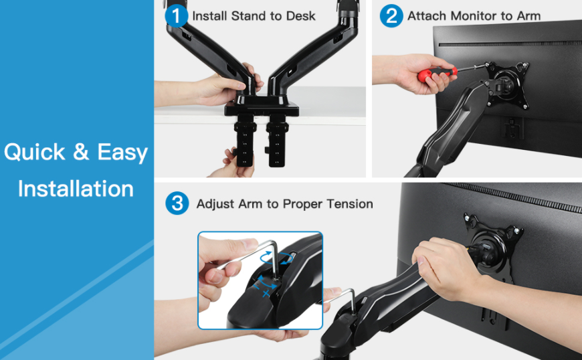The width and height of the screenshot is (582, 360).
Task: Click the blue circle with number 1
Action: click(x=177, y=16)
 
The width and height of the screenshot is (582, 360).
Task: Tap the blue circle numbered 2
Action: click(x=391, y=16)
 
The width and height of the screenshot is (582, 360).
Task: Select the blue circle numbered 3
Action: click(x=177, y=203)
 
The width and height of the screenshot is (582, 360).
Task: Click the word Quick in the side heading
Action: click(x=35, y=152)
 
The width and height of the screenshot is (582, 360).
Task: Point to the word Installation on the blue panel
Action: click(x=76, y=189)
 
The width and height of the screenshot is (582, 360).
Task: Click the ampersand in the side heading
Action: click(x=81, y=152)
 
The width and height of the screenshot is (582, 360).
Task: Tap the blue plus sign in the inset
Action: click(x=266, y=294)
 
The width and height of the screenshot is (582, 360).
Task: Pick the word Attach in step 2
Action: click(x=427, y=16)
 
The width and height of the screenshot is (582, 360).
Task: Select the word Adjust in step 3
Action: click(x=215, y=204)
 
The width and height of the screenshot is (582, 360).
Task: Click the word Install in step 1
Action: click(x=209, y=16)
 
